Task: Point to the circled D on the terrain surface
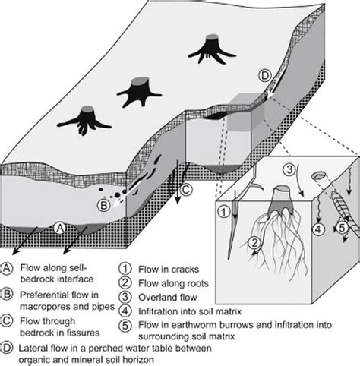pyautogui.click(x=264, y=75)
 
